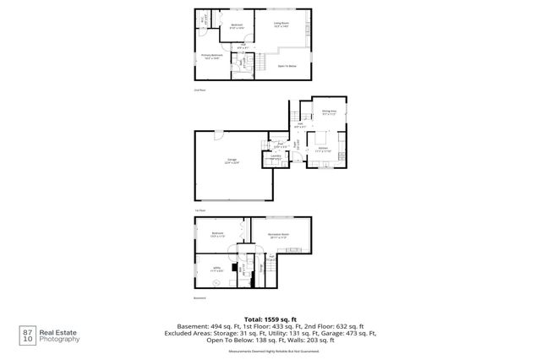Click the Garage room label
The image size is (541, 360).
[232, 161]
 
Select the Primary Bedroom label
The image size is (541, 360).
[210, 57]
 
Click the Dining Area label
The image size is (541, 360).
[329, 112]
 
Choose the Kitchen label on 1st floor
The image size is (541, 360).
[323, 149]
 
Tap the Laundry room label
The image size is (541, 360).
[276, 157]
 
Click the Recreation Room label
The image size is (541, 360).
[278, 235]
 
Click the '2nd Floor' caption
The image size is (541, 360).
[199, 89]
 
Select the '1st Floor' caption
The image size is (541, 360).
[199, 210]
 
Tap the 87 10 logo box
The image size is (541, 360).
[30, 335]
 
